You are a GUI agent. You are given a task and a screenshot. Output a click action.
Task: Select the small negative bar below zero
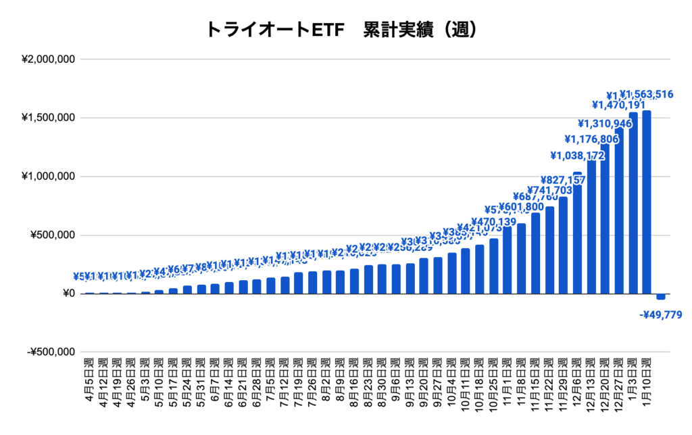pos(661,297)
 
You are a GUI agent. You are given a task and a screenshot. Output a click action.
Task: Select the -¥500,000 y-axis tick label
pos(49,352)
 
